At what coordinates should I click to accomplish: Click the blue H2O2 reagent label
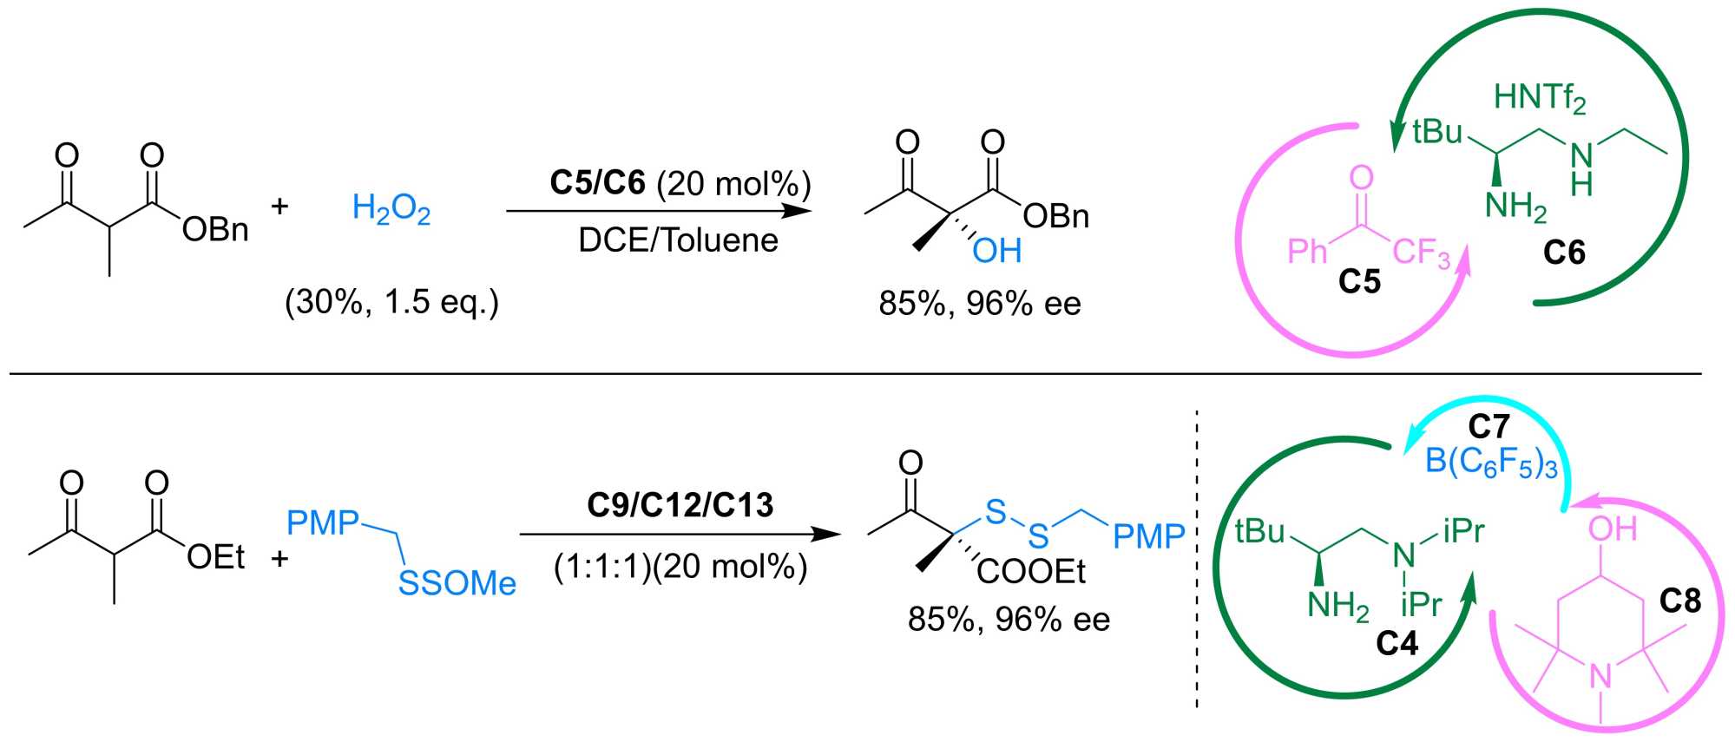coord(391,209)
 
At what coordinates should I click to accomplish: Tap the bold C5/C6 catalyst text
coord(597,183)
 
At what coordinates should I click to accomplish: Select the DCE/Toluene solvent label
coord(678,240)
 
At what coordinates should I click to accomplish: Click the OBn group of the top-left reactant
coord(215,230)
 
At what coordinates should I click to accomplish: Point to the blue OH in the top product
coord(996,252)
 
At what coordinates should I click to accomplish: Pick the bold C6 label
coord(1564,253)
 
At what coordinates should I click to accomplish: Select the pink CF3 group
coord(1422,253)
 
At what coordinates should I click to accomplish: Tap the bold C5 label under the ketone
coord(1359,281)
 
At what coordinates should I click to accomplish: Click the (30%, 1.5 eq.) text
coord(391,302)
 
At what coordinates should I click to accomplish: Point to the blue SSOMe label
coord(457,583)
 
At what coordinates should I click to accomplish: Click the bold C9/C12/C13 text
coord(680,505)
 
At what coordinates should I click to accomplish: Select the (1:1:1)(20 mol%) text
coord(680,567)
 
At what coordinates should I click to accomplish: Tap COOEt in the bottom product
coord(1031,571)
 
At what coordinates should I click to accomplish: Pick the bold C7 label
coord(1489,427)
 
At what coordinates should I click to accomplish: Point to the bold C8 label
coord(1680,601)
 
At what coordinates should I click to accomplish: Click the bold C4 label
coord(1397,643)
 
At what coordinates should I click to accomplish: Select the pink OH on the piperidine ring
coord(1613,529)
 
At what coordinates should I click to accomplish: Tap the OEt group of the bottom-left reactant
coord(215,557)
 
